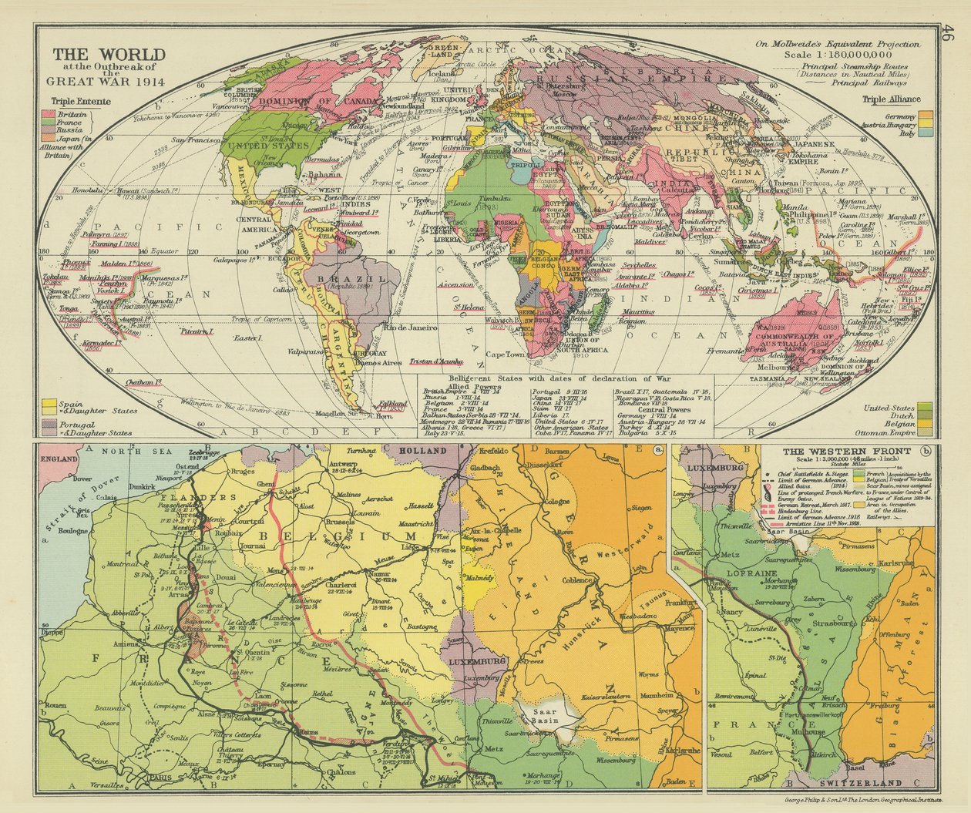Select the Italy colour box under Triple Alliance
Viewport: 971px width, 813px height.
(x=927, y=133)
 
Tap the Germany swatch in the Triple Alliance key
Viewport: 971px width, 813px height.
(x=927, y=115)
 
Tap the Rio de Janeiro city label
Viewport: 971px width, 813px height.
(x=411, y=328)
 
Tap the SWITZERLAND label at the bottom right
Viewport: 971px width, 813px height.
(x=852, y=783)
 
